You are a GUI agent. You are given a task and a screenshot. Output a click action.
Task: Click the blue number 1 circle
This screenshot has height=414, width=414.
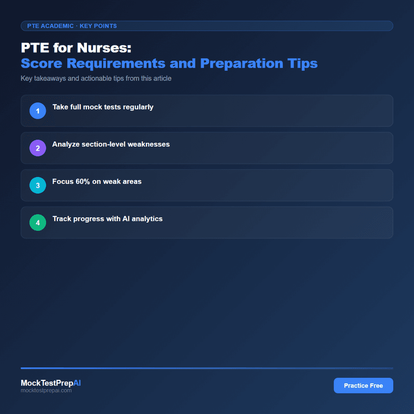click(x=38, y=111)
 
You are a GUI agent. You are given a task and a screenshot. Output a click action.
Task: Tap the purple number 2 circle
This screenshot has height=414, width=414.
click(x=38, y=148)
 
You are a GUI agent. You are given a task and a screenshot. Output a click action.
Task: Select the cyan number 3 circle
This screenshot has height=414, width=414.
click(x=38, y=185)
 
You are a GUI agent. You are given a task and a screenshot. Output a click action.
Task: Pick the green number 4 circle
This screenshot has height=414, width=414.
click(x=38, y=223)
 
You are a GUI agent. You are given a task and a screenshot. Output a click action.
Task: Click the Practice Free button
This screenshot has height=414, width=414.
click(x=363, y=386)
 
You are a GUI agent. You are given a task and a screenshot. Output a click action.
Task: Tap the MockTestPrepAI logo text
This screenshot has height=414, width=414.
click(x=51, y=383)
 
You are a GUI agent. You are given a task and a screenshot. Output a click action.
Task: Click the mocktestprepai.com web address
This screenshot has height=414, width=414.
click(x=46, y=391)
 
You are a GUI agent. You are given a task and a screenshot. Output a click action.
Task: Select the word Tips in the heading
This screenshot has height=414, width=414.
click(x=302, y=64)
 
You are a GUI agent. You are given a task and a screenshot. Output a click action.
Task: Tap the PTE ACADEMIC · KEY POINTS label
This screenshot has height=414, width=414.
click(x=72, y=26)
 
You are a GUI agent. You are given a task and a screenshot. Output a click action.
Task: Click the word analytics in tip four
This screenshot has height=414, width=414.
click(x=145, y=219)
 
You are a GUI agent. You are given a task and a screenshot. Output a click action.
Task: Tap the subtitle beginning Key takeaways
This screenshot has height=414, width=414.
click(x=96, y=79)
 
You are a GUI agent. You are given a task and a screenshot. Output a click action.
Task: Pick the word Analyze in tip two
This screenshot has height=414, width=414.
click(x=66, y=144)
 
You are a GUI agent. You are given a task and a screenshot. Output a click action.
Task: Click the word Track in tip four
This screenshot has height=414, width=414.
click(x=62, y=219)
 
